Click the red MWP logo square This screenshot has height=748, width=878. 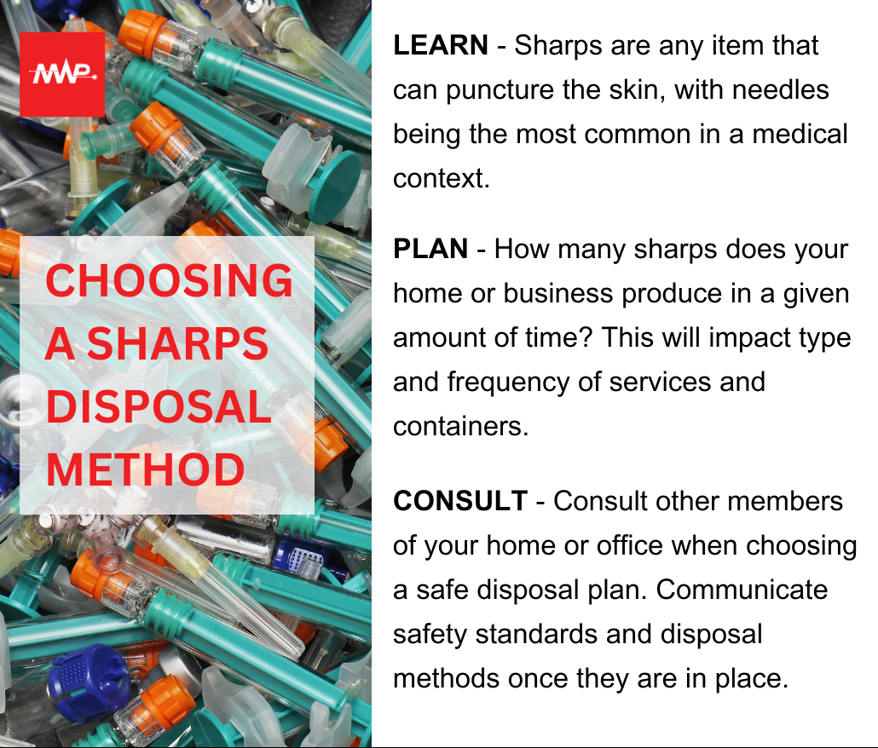pos(62,74)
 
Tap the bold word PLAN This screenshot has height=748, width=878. pos(430,249)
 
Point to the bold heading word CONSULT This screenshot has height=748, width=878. pos(460,500)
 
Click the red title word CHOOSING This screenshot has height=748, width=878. pos(169,281)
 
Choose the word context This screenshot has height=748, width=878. pos(436,179)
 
